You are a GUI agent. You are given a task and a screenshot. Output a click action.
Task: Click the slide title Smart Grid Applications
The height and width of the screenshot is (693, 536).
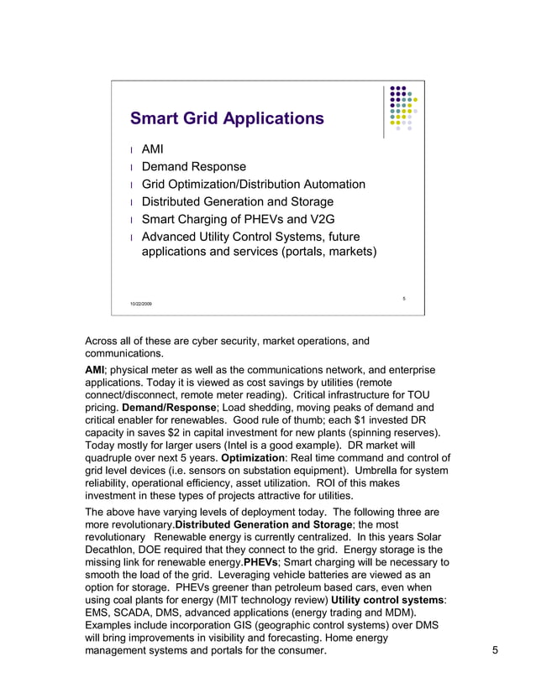pyautogui.click(x=226, y=118)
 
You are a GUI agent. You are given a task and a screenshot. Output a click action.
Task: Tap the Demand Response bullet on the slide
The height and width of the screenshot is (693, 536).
pyautogui.click(x=193, y=167)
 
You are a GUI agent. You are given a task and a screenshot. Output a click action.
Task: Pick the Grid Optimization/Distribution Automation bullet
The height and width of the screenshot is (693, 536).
pyautogui.click(x=253, y=184)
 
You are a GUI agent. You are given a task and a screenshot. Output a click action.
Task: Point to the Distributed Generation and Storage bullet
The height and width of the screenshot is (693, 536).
pyautogui.click(x=237, y=201)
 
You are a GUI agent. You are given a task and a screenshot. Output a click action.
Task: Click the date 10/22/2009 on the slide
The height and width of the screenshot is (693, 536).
pyautogui.click(x=141, y=303)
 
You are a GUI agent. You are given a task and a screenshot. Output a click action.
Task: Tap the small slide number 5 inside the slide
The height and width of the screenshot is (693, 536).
pyautogui.click(x=404, y=298)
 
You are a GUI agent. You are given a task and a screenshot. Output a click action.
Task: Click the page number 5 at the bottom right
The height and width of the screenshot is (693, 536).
pyautogui.click(x=496, y=650)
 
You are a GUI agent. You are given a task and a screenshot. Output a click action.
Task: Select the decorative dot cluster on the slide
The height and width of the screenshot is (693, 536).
pyautogui.click(x=402, y=108)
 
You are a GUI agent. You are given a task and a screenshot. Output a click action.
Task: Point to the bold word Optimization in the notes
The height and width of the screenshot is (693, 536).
pyautogui.click(x=257, y=457)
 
